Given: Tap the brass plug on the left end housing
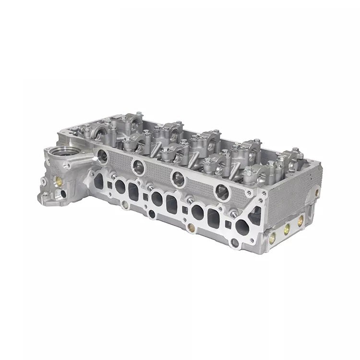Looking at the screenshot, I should [58, 181].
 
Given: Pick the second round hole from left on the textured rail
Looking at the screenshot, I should [137, 166].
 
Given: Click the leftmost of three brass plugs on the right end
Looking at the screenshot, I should [274, 236].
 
